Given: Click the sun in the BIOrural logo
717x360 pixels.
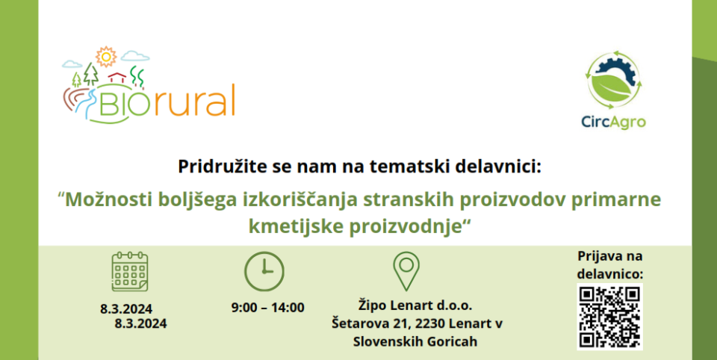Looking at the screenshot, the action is coord(106,56).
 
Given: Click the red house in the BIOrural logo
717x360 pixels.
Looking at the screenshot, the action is coord(117,76).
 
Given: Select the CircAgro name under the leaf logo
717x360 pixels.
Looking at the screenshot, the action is coord(613,122).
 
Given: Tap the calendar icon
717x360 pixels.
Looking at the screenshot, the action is coord(130,271).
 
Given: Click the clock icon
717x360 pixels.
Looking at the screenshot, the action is coord(264,271).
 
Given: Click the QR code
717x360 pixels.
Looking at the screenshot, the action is coord(609,317).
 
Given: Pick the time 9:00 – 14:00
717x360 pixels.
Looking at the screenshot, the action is coord(268,308).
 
